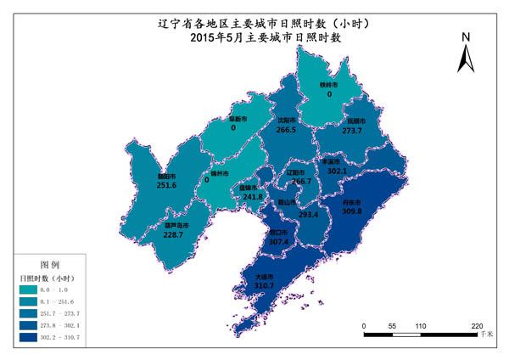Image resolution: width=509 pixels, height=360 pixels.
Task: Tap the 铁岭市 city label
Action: (328, 85)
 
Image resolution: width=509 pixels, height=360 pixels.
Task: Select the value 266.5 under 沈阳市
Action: (287, 130)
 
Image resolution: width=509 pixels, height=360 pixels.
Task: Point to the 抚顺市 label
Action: (351, 121)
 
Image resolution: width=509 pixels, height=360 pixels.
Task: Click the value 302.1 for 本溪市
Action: (337, 171)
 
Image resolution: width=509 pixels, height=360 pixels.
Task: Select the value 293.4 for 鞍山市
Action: (307, 215)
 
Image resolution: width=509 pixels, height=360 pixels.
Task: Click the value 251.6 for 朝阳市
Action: (166, 185)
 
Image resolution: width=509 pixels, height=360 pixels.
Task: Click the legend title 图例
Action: (50, 264)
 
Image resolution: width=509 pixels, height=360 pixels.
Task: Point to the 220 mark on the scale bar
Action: (477, 326)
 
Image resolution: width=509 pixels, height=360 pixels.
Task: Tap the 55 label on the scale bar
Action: (392, 326)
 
